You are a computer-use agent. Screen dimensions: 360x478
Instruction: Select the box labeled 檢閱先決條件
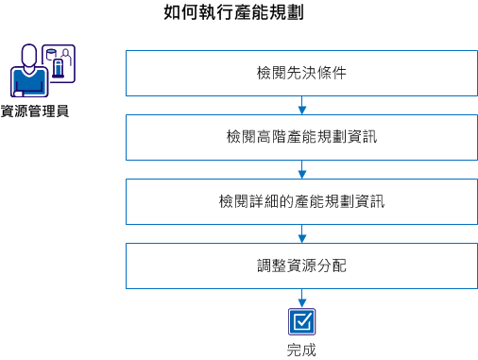coord(300,73)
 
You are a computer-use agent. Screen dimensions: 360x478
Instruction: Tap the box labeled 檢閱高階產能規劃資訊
coord(300,137)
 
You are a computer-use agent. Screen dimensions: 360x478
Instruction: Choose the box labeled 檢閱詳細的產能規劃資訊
coord(300,201)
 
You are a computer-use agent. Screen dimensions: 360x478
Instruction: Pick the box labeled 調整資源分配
coord(300,266)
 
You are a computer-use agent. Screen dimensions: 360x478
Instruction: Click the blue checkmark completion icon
coord(300,322)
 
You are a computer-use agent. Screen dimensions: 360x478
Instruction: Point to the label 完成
coord(300,350)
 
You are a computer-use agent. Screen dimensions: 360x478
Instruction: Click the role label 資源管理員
coord(35,111)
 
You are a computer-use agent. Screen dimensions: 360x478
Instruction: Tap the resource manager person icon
coord(30,76)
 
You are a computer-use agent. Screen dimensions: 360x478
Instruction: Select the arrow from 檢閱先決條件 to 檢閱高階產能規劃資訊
coord(300,105)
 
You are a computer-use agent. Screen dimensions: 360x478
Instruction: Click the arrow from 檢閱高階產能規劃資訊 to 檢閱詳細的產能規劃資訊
coord(300,169)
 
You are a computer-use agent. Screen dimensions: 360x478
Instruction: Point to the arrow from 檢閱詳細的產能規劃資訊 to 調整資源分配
coord(300,233)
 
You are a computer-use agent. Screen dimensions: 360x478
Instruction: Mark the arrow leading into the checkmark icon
coord(300,298)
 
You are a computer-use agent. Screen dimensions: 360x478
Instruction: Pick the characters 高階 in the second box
coord(272,137)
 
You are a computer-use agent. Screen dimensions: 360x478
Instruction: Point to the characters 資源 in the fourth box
coord(300,266)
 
